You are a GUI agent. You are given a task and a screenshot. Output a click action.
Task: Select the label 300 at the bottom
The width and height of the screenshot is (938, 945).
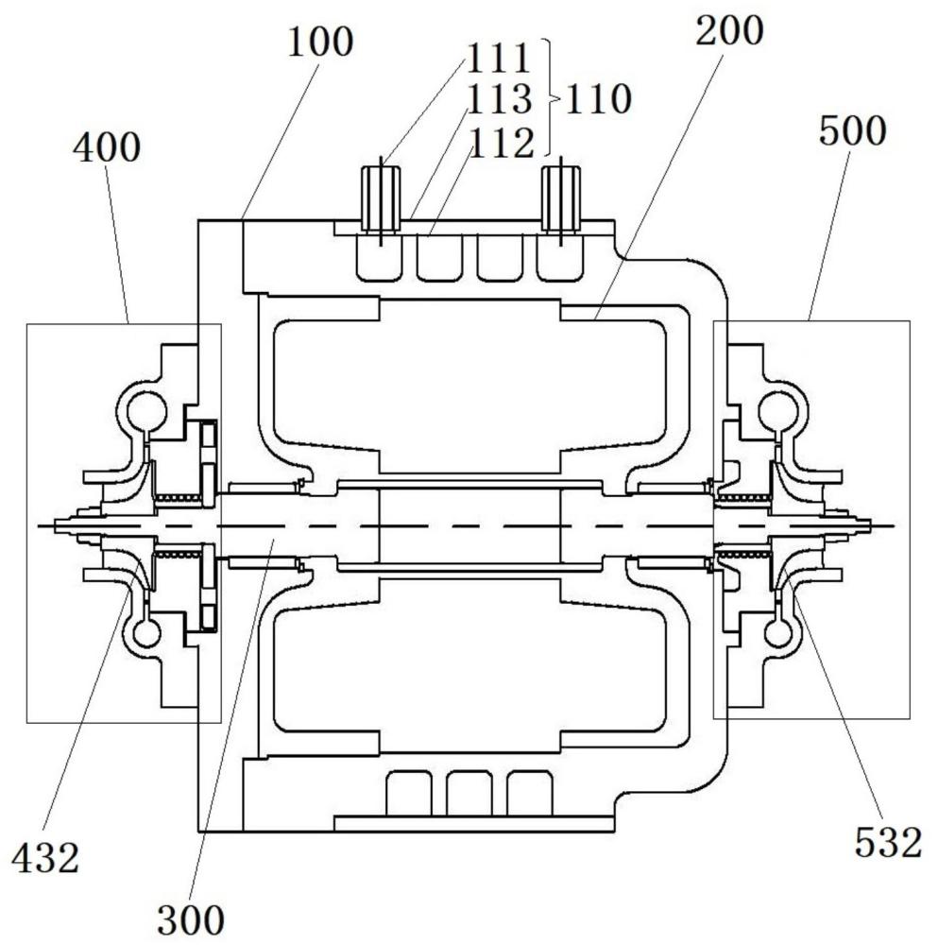(191, 918)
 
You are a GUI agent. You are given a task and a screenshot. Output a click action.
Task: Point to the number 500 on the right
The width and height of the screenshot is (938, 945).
(852, 130)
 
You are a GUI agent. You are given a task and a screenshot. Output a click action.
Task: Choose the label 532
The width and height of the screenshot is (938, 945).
(887, 844)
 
